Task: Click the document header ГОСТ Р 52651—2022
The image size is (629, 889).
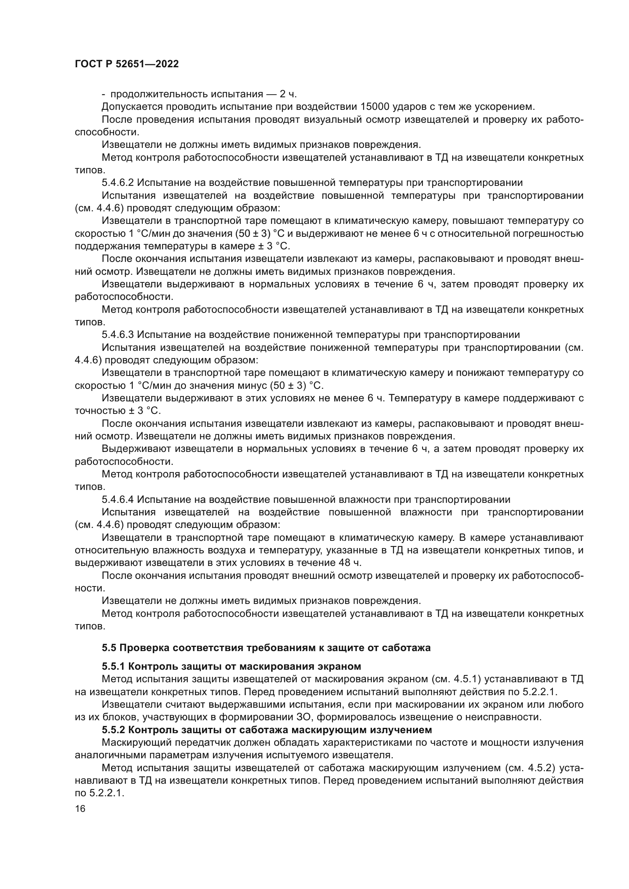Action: pos(127,64)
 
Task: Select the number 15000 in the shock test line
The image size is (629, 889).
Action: pos(375,106)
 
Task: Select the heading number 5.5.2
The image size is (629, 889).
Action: pos(113,730)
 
